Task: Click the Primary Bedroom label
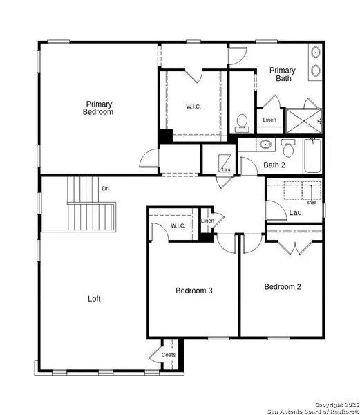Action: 98,108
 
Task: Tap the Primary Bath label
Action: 283,75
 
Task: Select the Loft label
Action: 95,299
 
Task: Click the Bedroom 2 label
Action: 283,286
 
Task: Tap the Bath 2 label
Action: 274,165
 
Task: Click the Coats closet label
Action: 169,355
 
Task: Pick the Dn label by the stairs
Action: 106,188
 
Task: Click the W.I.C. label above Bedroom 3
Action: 178,226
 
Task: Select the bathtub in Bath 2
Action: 312,156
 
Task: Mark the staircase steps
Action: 90,214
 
